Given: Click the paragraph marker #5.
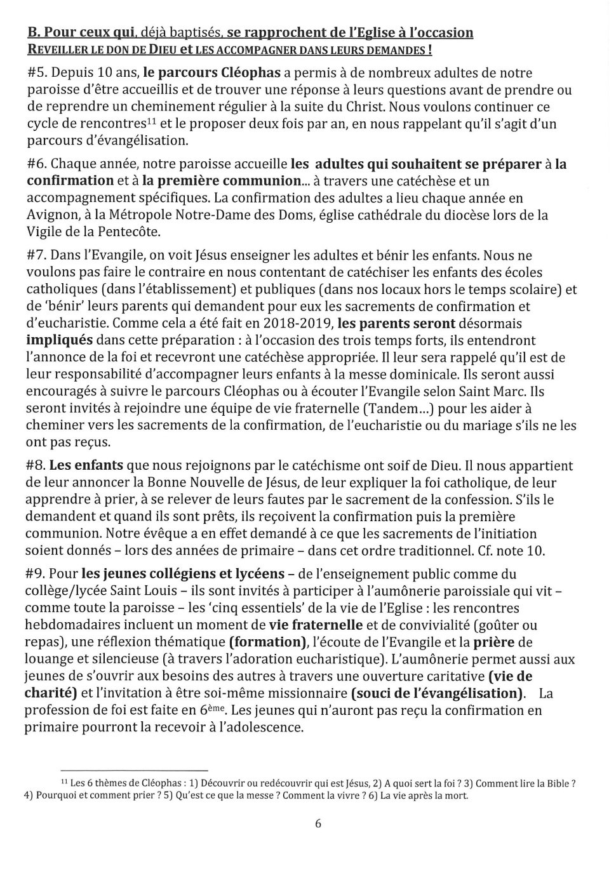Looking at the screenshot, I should click(x=37, y=73).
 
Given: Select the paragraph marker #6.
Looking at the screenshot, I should click(x=37, y=164).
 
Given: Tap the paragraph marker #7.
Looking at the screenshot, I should click(x=37, y=256).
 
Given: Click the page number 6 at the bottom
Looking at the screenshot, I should click(x=318, y=824).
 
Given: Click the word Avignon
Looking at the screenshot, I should click(x=53, y=215).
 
